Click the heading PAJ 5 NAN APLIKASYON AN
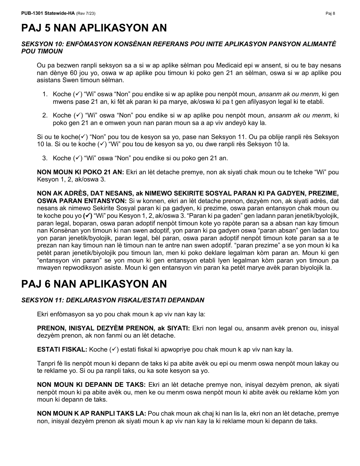pyautogui.click(x=94, y=28)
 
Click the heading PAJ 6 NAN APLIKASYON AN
pyautogui.click(x=94, y=284)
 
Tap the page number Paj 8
pyautogui.click(x=330, y=14)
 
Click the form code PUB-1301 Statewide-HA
pyautogui.click(x=48, y=14)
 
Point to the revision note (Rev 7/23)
pyautogui.click(x=86, y=14)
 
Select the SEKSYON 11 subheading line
pyautogui.click(x=113, y=300)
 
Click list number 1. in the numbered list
pyautogui.click(x=45, y=94)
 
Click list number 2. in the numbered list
pyautogui.click(x=45, y=116)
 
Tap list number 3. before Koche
pyautogui.click(x=45, y=158)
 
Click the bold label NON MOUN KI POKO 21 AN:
pyautogui.click(x=80, y=172)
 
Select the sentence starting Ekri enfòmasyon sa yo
pyautogui.click(x=121, y=314)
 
